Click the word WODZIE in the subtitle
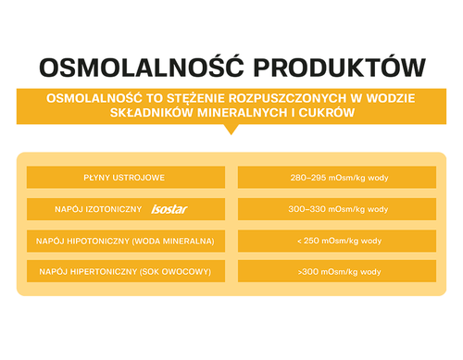(391, 98)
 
